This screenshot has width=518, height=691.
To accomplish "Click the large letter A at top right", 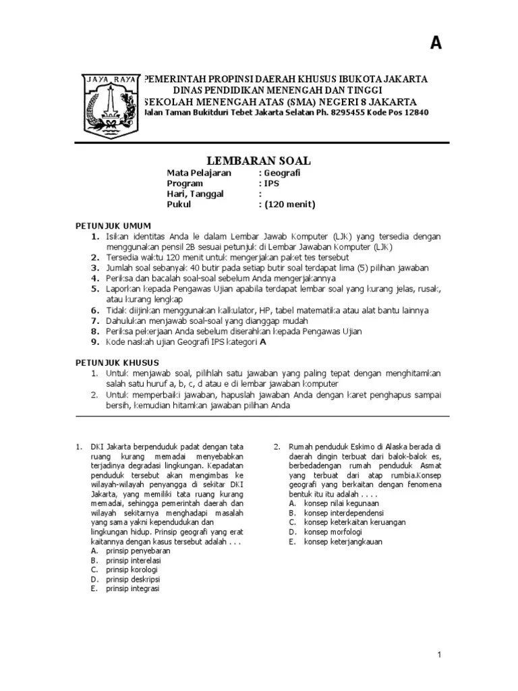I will (436, 43).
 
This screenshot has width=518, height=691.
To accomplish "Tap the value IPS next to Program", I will (271, 184).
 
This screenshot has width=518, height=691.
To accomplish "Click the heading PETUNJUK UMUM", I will (112, 225).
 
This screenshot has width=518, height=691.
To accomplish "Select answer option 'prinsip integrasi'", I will (132, 588).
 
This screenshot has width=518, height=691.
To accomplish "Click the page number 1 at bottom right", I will (438, 655).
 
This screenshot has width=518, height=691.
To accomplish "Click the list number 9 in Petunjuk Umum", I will (95, 342).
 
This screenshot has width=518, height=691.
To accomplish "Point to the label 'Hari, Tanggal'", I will (196, 194).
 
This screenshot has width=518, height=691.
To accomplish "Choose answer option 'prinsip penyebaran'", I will (134, 551).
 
